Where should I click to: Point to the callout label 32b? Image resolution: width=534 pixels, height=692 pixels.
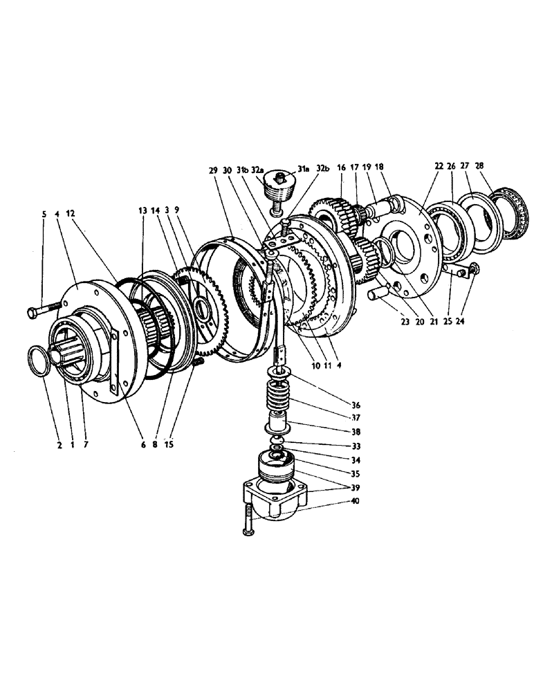point(323,168)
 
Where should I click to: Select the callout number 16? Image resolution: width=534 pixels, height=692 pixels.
point(341,168)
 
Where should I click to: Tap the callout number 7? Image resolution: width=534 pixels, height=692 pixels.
point(85,446)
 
